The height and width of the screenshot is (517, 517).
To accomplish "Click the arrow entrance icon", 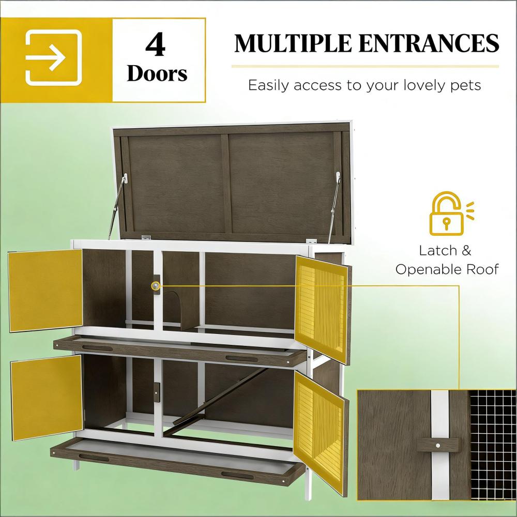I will (53, 58).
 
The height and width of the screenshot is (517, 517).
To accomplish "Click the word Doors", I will (157, 73).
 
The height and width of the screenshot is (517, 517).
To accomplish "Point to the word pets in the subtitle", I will (464, 85).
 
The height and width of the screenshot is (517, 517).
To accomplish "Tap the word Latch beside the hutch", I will (438, 251).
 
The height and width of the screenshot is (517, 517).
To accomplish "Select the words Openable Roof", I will (447, 269).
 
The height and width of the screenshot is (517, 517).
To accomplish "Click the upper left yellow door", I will (45, 291).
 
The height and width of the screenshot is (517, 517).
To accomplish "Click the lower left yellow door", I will (47, 397).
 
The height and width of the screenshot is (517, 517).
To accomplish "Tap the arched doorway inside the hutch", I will (176, 308).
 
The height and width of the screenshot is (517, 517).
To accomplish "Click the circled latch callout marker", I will (156, 285).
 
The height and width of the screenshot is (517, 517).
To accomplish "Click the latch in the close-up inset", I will (438, 444).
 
